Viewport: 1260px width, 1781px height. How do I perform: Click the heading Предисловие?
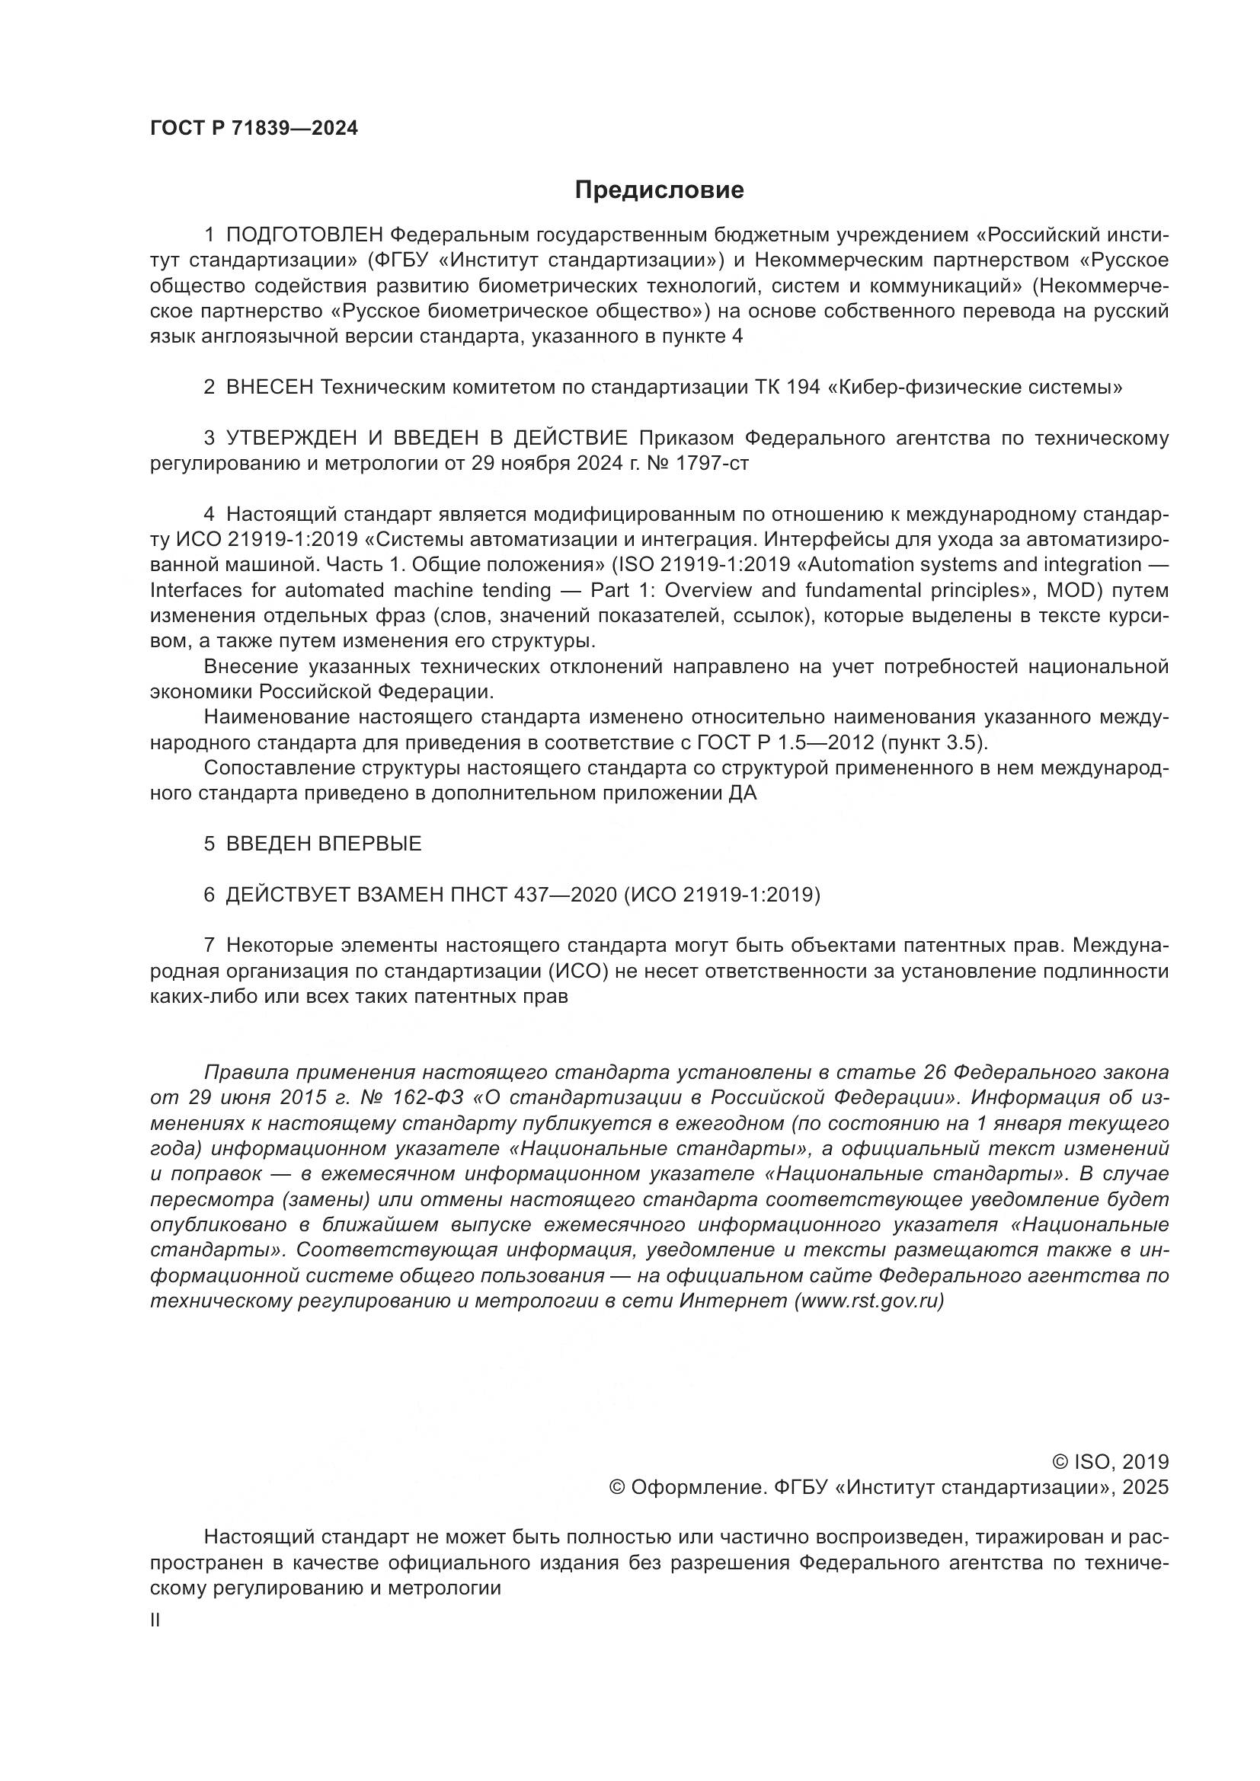(659, 190)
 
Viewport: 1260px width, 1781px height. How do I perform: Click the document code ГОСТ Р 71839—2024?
(254, 129)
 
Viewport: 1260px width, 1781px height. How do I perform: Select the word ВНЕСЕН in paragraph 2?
(268, 387)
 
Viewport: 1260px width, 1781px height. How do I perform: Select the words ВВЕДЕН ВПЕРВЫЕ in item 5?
(324, 844)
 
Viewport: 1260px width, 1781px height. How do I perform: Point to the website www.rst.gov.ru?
(869, 1301)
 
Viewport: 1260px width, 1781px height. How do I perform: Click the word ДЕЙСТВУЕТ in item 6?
(287, 895)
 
